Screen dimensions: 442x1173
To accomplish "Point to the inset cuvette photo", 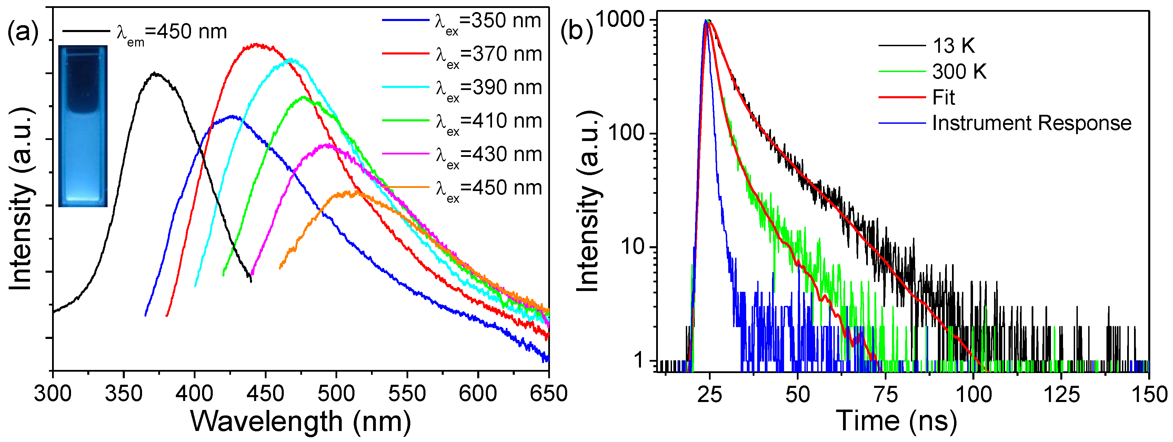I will (x=83, y=126).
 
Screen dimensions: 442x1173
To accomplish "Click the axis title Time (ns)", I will (x=896, y=421).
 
